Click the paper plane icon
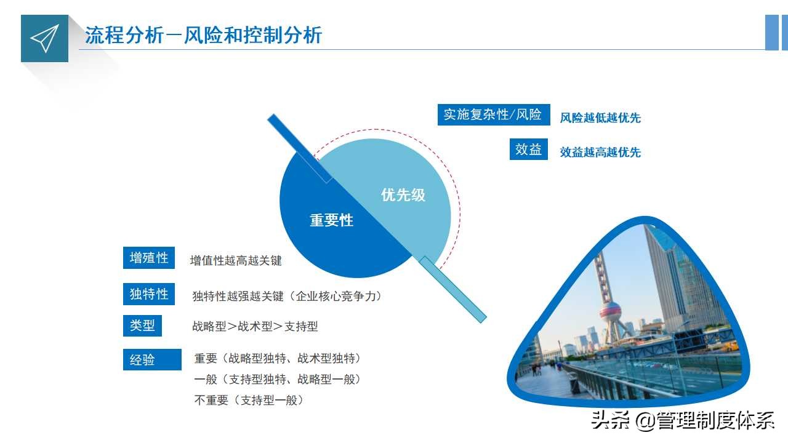[x=44, y=38]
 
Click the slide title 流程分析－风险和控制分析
[x=203, y=35]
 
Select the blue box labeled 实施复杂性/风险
[x=493, y=114]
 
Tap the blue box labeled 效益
[x=528, y=150]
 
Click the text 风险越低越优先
[x=600, y=118]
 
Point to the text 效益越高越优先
[x=600, y=152]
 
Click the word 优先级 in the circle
[x=403, y=195]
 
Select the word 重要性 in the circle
[x=331, y=220]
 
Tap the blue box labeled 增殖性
[x=149, y=258]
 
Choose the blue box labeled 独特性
[x=149, y=294]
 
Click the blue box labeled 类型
[x=142, y=325]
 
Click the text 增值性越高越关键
[x=236, y=261]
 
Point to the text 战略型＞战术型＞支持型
[x=255, y=327]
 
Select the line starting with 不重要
[x=249, y=400]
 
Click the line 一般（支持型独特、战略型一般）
[x=277, y=379]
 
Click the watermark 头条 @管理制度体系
[x=682, y=420]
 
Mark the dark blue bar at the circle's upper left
[x=300, y=148]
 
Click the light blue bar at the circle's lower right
[x=453, y=289]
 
